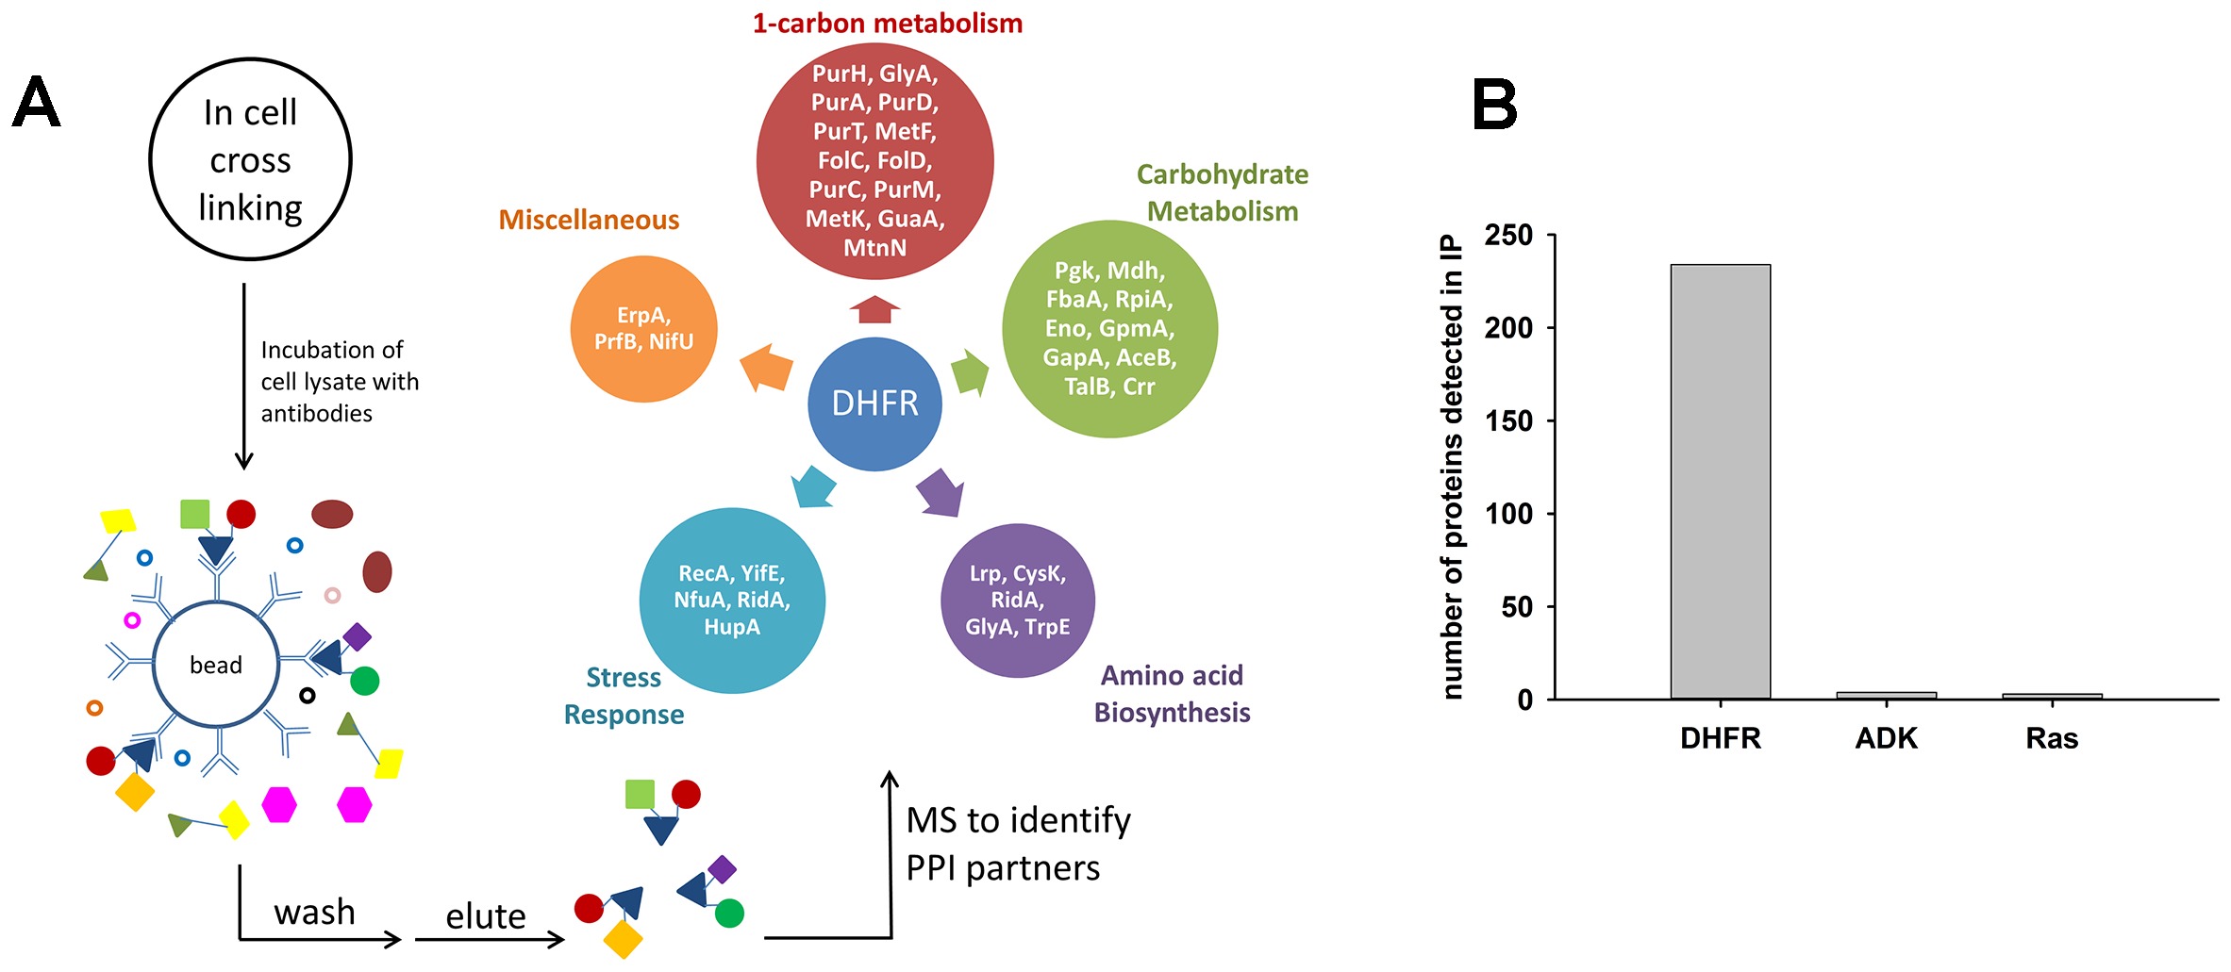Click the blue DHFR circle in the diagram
click(874, 404)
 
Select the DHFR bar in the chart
click(1720, 481)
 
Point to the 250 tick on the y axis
click(1508, 235)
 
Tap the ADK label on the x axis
click(1886, 738)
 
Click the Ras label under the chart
click(2052, 738)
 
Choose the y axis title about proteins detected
click(1452, 467)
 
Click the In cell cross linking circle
click(250, 159)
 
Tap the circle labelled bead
click(216, 665)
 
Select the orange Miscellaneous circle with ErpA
click(644, 329)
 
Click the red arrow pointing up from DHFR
click(874, 308)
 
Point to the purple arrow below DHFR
click(941, 493)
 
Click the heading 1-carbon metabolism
click(887, 23)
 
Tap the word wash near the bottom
click(314, 913)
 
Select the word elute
click(485, 916)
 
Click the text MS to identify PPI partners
click(1018, 844)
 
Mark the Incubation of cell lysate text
click(339, 381)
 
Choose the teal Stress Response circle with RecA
click(732, 601)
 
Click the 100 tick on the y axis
click(1508, 514)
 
